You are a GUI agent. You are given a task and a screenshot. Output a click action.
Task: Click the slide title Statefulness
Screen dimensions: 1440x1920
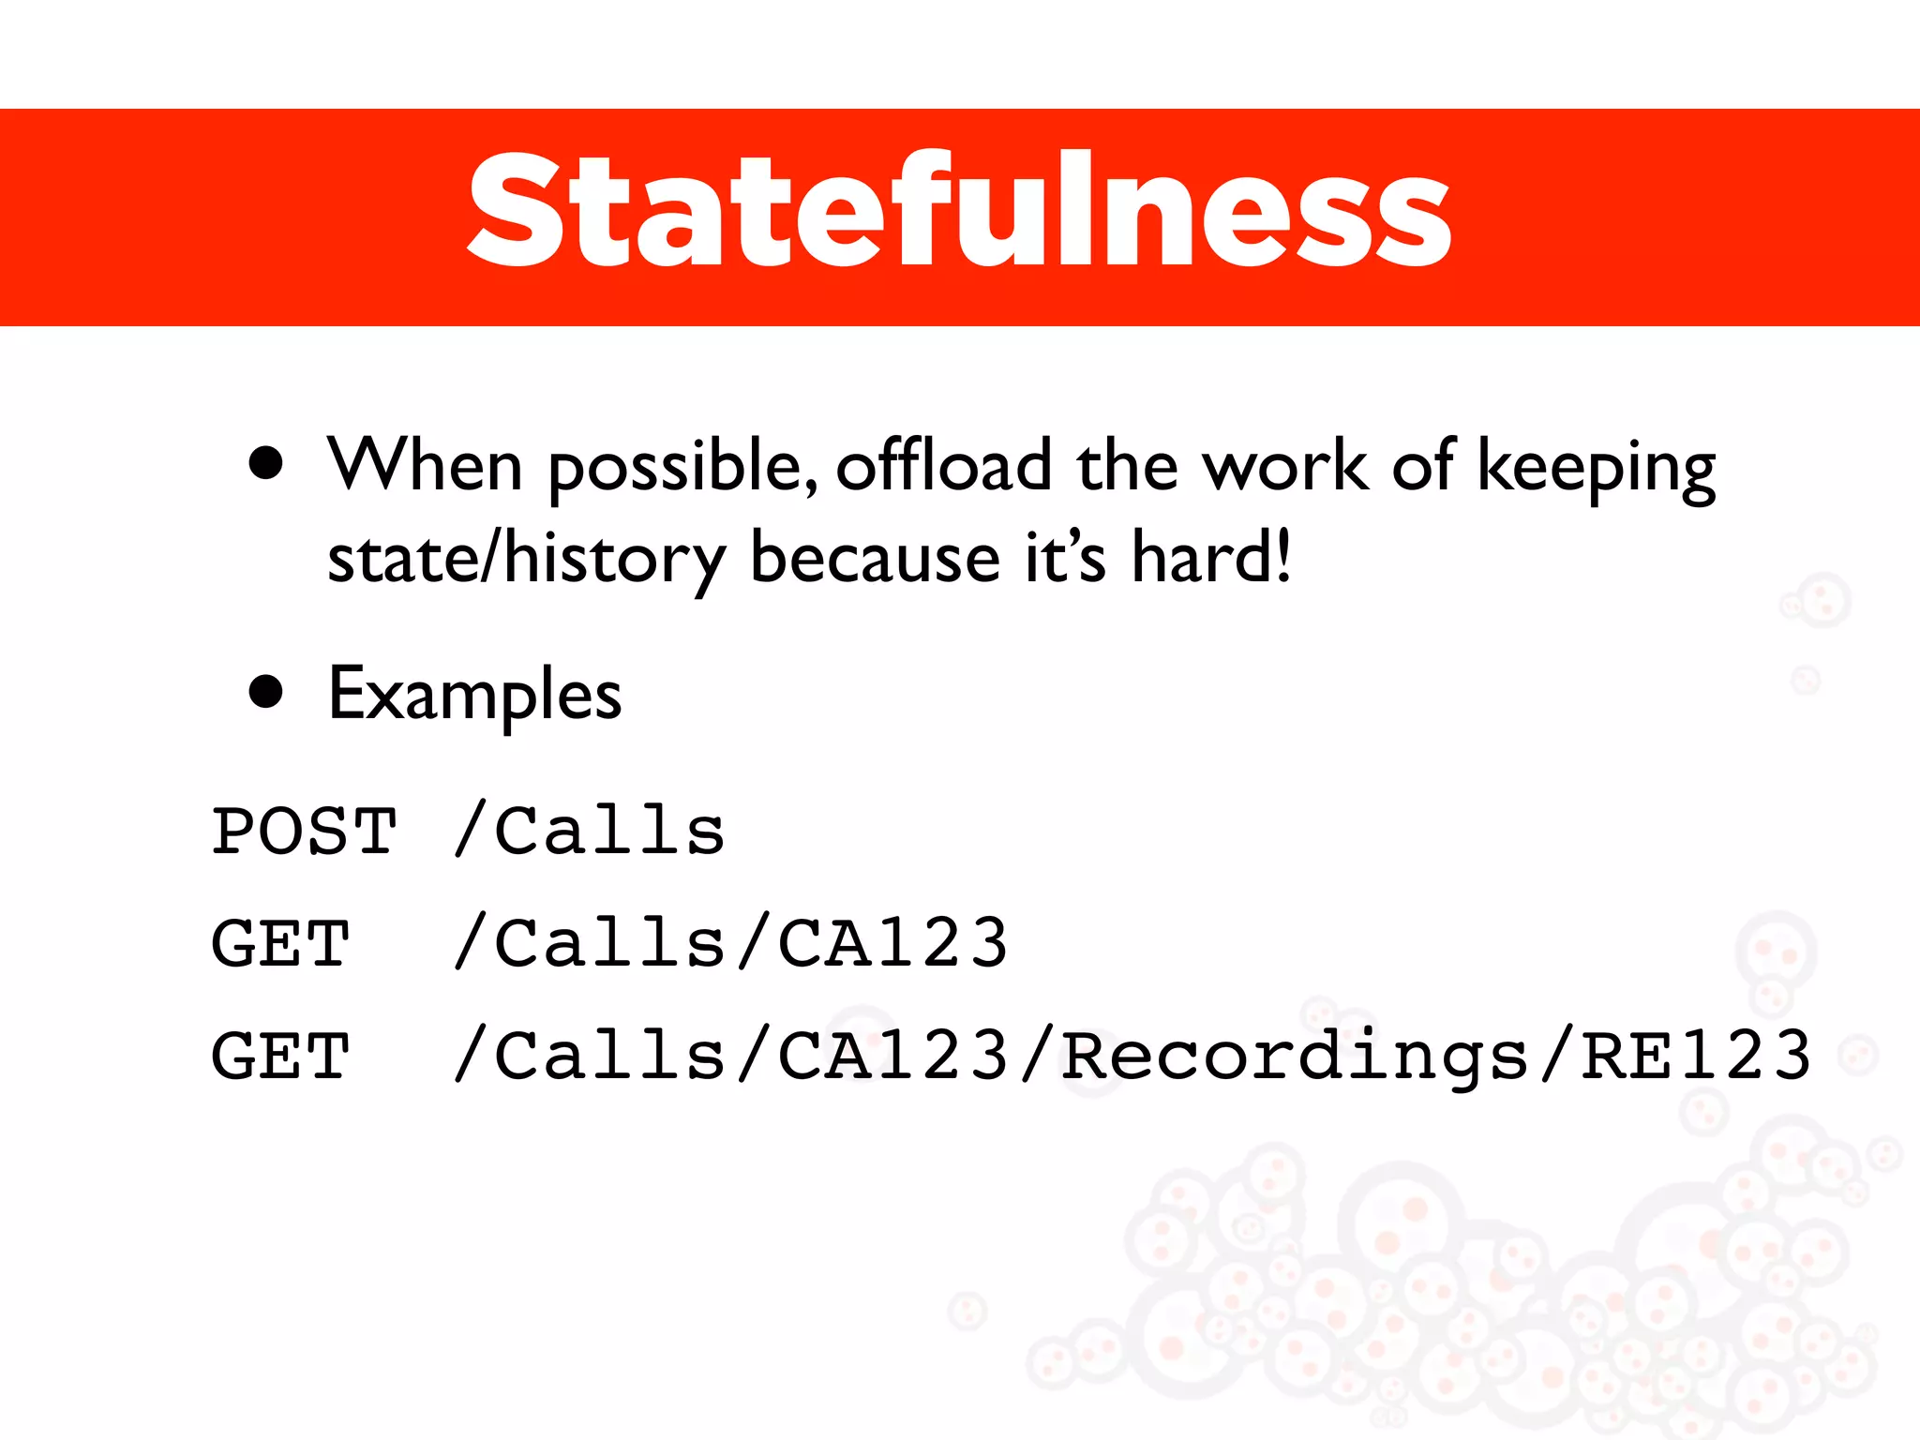(959, 212)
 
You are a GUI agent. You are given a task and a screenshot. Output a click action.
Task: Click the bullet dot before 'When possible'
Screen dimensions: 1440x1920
(266, 463)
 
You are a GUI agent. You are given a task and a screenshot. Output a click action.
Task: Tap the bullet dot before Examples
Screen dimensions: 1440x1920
(266, 692)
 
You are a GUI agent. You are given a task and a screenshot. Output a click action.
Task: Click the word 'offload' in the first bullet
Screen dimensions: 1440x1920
(943, 465)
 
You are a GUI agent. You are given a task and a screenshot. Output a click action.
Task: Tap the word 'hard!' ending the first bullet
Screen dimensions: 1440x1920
(1211, 557)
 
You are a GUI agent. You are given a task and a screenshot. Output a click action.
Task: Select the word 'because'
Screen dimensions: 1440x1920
(876, 559)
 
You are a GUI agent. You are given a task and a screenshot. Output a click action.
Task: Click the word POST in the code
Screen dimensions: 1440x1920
(305, 832)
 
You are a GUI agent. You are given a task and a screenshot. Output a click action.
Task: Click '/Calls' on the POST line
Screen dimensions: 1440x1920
(590, 832)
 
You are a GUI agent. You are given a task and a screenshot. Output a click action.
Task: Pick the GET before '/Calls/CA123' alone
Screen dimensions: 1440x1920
(281, 944)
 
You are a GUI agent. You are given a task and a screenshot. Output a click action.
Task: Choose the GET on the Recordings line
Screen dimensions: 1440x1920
(281, 1057)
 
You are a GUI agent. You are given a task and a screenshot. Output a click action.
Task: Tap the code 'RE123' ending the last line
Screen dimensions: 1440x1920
(1695, 1057)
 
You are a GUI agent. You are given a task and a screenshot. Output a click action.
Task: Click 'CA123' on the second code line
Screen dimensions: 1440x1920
(892, 944)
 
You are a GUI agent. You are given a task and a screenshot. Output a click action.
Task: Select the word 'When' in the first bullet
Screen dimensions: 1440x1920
(425, 465)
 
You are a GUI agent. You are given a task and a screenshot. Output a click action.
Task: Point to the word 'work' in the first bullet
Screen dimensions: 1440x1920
(1285, 465)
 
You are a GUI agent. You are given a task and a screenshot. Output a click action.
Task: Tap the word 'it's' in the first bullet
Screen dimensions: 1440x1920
(1065, 559)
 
